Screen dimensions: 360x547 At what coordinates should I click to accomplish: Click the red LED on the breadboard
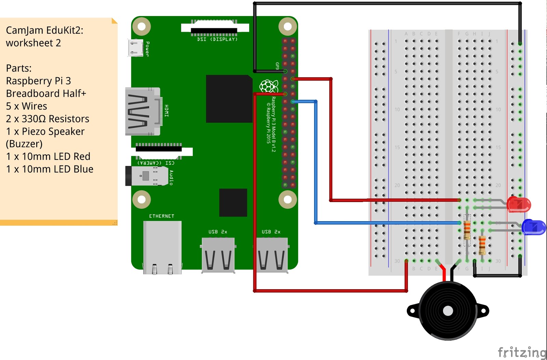click(x=519, y=204)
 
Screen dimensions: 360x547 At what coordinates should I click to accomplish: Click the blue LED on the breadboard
click(x=534, y=227)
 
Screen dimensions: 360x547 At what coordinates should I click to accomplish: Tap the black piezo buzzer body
click(x=448, y=311)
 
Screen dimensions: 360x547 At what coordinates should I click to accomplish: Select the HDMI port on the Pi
click(x=143, y=111)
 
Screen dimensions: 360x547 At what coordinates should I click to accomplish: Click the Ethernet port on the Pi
click(x=162, y=247)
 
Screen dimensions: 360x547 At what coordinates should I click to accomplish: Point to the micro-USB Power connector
click(x=135, y=48)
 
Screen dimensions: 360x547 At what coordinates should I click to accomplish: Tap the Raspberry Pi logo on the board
click(x=269, y=86)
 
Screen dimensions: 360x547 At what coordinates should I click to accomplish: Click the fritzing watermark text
click(x=522, y=352)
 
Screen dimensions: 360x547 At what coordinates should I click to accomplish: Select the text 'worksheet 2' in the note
click(x=34, y=43)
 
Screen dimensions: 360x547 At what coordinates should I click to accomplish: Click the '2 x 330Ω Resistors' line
click(x=48, y=119)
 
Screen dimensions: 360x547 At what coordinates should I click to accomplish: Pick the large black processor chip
click(x=229, y=99)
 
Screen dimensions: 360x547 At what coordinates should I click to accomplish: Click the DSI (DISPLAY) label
click(x=217, y=39)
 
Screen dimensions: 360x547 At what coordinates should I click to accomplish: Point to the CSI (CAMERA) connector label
click(x=156, y=163)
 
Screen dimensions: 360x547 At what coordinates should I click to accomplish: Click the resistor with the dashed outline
click(x=467, y=230)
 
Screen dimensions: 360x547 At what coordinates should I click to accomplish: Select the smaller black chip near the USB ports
click(x=233, y=202)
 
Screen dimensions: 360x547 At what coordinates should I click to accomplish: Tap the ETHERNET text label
click(x=162, y=216)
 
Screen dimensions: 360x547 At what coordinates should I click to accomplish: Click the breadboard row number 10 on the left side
click(x=397, y=109)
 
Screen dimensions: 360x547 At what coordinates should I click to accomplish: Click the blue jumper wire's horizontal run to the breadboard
click(x=386, y=223)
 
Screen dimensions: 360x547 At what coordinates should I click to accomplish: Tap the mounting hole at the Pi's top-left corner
click(x=141, y=26)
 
